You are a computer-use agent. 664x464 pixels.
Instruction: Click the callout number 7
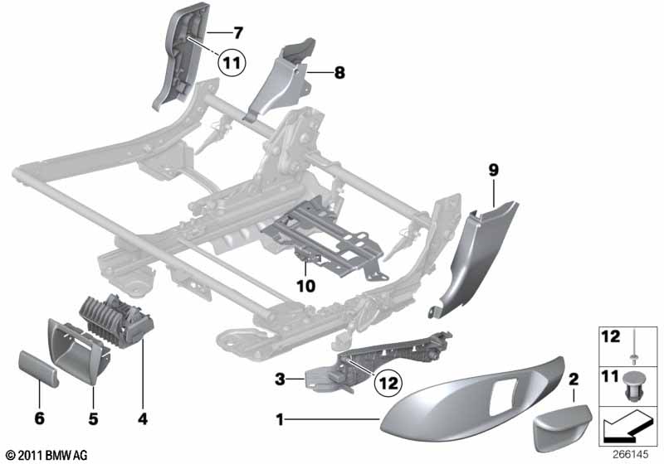(x=237, y=34)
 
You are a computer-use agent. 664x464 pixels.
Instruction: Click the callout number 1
(x=280, y=420)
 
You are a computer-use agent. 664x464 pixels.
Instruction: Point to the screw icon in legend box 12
(x=633, y=346)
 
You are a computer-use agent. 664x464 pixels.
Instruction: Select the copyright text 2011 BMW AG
(x=46, y=455)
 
